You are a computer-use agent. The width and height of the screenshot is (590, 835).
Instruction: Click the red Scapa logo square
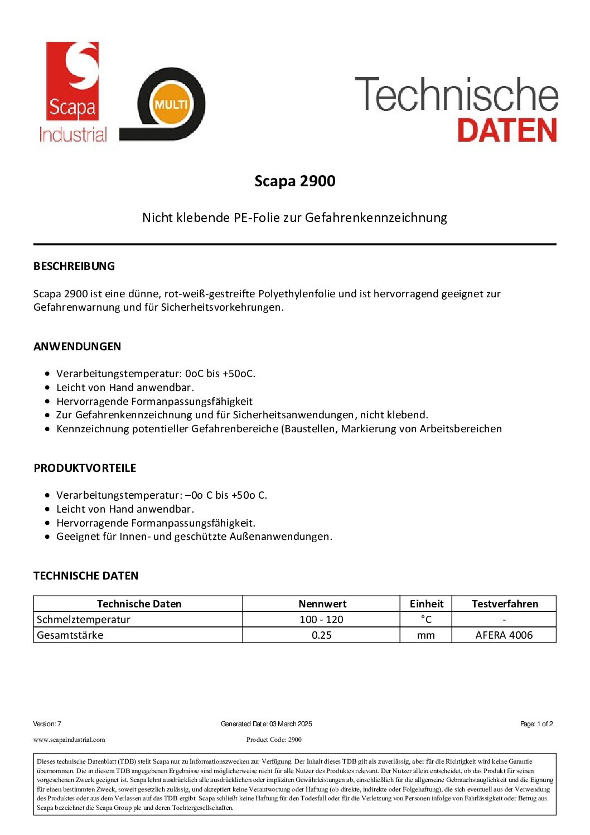click(x=72, y=80)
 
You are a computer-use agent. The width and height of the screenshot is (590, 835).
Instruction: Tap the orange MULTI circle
click(x=171, y=105)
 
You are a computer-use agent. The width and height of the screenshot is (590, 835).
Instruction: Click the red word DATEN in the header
click(x=507, y=131)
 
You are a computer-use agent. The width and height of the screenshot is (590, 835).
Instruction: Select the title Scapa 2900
click(x=294, y=181)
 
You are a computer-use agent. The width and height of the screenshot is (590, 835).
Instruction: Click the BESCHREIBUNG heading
click(x=74, y=266)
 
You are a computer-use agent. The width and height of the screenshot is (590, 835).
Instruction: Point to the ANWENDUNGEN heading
click(x=77, y=346)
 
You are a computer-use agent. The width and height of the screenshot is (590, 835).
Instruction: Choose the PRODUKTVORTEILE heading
click(x=85, y=468)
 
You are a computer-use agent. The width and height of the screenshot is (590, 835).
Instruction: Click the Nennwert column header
click(x=322, y=604)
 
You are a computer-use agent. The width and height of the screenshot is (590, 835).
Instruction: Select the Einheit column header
click(x=426, y=604)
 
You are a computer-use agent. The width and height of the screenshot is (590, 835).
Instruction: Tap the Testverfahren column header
click(x=505, y=604)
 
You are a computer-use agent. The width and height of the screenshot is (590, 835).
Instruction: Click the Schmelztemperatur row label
click(x=84, y=619)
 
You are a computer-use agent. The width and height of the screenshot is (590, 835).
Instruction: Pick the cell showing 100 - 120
click(x=321, y=619)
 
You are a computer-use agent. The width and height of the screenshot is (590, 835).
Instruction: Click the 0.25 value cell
click(x=321, y=635)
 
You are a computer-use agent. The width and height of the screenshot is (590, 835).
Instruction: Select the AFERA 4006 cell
click(x=504, y=635)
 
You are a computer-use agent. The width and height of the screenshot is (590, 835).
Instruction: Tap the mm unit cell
click(x=426, y=635)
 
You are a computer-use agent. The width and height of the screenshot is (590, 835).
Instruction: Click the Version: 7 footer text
click(x=47, y=724)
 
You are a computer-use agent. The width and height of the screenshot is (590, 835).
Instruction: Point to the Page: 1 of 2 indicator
click(x=536, y=724)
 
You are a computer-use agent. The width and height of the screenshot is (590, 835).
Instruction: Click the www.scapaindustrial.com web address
click(x=69, y=740)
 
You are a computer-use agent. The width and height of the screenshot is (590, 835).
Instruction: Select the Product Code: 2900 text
click(x=274, y=740)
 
